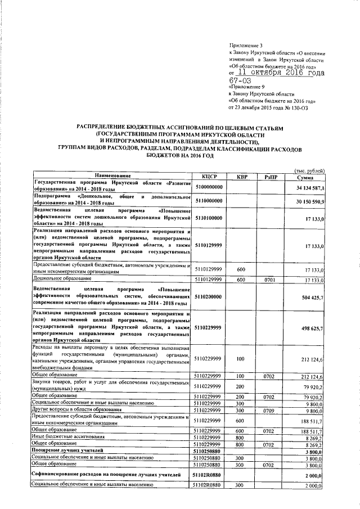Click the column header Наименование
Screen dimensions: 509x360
pyautogui.click(x=112, y=176)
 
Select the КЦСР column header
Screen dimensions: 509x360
pyautogui.click(x=209, y=176)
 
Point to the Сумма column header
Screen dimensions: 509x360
pyautogui.click(x=309, y=176)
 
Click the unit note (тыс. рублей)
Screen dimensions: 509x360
pyautogui.click(x=309, y=170)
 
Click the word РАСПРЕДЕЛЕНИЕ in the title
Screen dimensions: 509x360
pyautogui.click(x=105, y=129)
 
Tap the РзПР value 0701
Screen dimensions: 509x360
pyautogui.click(x=271, y=280)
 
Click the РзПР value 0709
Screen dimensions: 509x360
pyautogui.click(x=271, y=410)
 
